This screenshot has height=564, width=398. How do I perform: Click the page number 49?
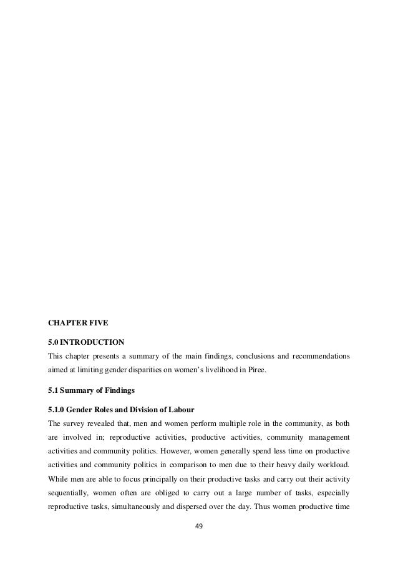199,526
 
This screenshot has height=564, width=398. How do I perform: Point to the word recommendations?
318,357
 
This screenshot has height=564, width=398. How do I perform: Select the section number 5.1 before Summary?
54,390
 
